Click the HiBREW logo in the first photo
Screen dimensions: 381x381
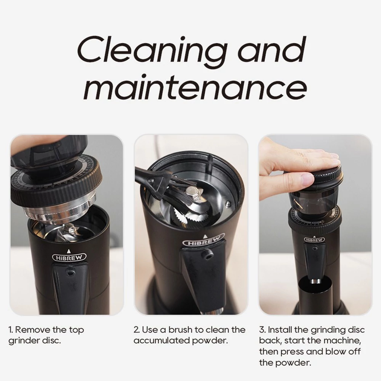click(69, 258)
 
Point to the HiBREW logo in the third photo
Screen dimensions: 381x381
click(314, 240)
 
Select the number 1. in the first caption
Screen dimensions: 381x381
click(11, 330)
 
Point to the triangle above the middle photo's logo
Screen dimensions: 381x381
click(205, 236)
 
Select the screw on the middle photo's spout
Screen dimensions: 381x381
click(207, 255)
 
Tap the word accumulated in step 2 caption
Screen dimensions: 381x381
click(162, 340)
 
